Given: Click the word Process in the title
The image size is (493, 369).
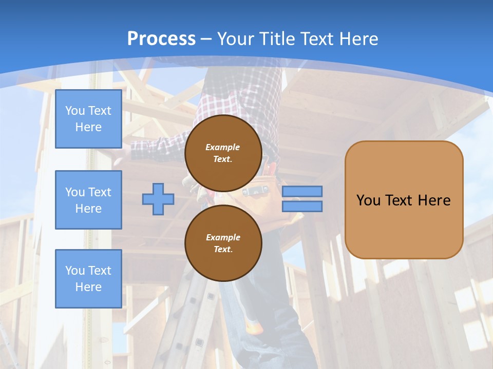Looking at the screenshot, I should point(161,38).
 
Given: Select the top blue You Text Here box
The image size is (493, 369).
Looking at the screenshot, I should point(88,119).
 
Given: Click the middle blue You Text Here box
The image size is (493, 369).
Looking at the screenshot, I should point(88,200).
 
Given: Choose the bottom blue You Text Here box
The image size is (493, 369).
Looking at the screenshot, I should point(88,279).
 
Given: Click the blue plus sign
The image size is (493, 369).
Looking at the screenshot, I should point(158,199).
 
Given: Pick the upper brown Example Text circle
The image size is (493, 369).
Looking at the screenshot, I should point(223,153).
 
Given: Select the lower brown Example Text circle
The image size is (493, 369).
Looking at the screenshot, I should point(223,243).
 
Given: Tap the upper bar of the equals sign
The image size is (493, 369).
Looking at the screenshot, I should point(302,191).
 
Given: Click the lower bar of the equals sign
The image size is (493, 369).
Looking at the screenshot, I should point(302,207).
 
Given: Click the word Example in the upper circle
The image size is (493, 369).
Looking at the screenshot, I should point(223,147).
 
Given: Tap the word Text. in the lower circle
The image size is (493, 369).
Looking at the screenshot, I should point(223,250).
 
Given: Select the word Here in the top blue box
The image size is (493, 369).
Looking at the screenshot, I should point(88,127).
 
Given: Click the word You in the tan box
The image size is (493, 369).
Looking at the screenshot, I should point(368,200).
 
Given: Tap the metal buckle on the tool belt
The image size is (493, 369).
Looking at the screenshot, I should point(254,192).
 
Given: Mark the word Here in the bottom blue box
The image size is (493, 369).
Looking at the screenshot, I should point(88,287).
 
